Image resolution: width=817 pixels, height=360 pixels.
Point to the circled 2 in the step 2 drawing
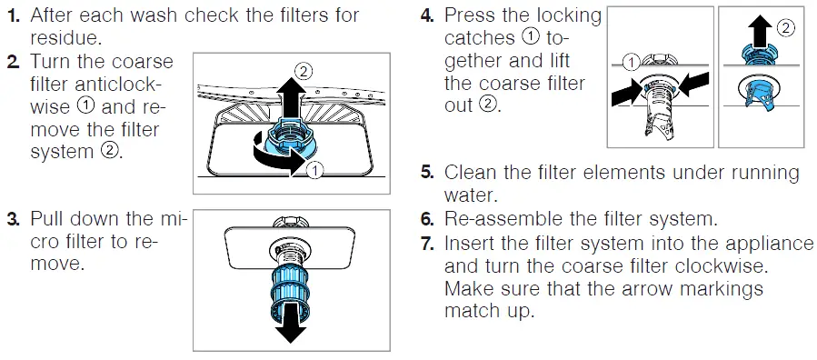(304, 70)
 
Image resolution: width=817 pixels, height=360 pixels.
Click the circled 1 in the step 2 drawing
(314, 170)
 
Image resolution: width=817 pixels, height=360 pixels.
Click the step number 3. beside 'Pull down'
(13, 220)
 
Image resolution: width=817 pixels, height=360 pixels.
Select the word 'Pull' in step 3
(47, 220)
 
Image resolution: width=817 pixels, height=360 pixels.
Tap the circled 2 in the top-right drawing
(784, 28)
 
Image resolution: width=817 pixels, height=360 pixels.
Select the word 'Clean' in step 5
(473, 173)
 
